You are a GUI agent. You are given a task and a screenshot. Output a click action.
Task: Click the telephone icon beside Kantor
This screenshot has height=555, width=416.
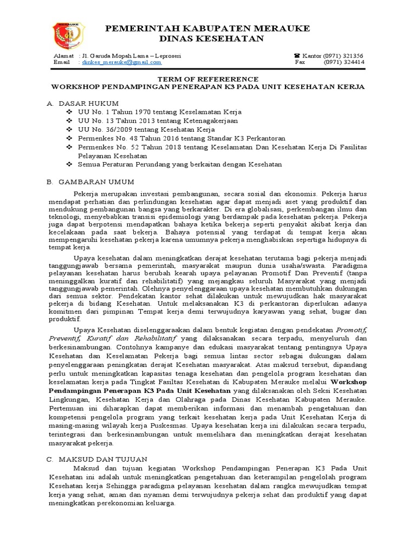296,56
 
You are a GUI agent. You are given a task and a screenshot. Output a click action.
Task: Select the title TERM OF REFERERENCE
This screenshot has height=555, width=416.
207,78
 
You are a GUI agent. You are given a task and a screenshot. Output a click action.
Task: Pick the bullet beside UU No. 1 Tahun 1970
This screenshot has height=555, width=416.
68,112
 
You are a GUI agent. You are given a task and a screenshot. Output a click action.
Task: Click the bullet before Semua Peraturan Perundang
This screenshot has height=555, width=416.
68,164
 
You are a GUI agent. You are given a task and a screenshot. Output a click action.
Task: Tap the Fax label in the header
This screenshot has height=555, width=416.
300,62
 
